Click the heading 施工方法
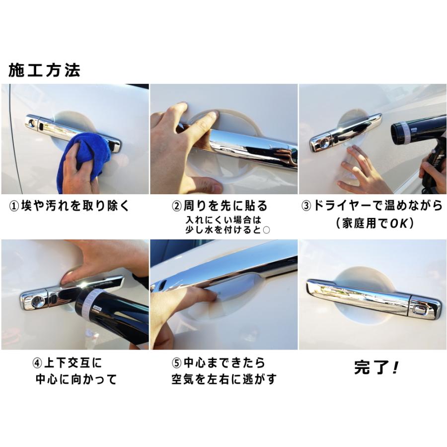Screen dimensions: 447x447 [x=44, y=70]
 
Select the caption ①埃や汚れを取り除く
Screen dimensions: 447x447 [x=70, y=206]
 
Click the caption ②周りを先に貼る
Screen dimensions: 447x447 [x=219, y=206]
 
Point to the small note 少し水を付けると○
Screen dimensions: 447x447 [x=223, y=229]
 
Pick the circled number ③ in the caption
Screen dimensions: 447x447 [x=306, y=206]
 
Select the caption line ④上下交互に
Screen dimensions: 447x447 [x=67, y=363]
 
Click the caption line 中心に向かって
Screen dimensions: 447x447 [x=76, y=380]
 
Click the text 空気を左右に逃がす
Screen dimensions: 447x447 [x=223, y=380]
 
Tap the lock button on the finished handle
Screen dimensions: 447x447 [x=420, y=311]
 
